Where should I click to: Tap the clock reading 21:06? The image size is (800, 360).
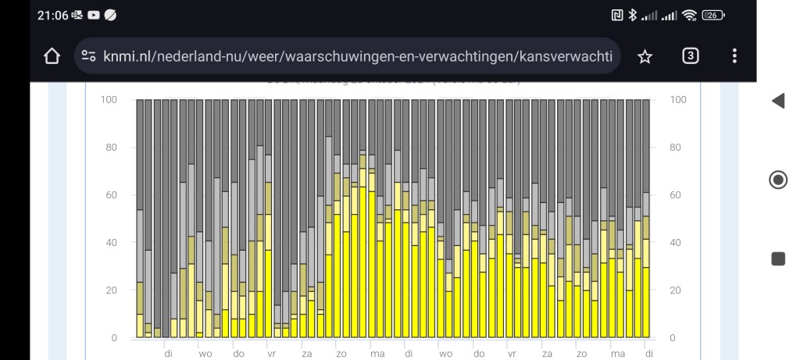(x=52, y=15)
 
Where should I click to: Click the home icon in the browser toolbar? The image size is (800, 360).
(x=52, y=56)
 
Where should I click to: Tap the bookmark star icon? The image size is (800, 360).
(x=645, y=56)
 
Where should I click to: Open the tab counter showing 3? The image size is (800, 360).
(x=690, y=55)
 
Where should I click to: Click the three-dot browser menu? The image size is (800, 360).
(x=734, y=56)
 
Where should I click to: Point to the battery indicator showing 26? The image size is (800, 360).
(x=712, y=15)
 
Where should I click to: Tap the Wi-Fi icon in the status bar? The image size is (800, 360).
(x=689, y=15)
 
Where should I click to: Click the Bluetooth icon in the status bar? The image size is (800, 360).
(x=634, y=15)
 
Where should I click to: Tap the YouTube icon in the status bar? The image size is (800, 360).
(x=94, y=15)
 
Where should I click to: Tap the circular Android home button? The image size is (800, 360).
(x=778, y=180)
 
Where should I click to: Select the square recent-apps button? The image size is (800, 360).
(x=778, y=258)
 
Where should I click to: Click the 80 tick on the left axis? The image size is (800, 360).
(x=109, y=148)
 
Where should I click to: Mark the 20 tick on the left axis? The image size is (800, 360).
(x=109, y=290)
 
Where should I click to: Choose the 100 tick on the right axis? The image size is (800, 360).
(x=678, y=100)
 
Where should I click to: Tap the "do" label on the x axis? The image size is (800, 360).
(x=238, y=354)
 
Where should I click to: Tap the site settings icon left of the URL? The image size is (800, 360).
(x=89, y=56)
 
